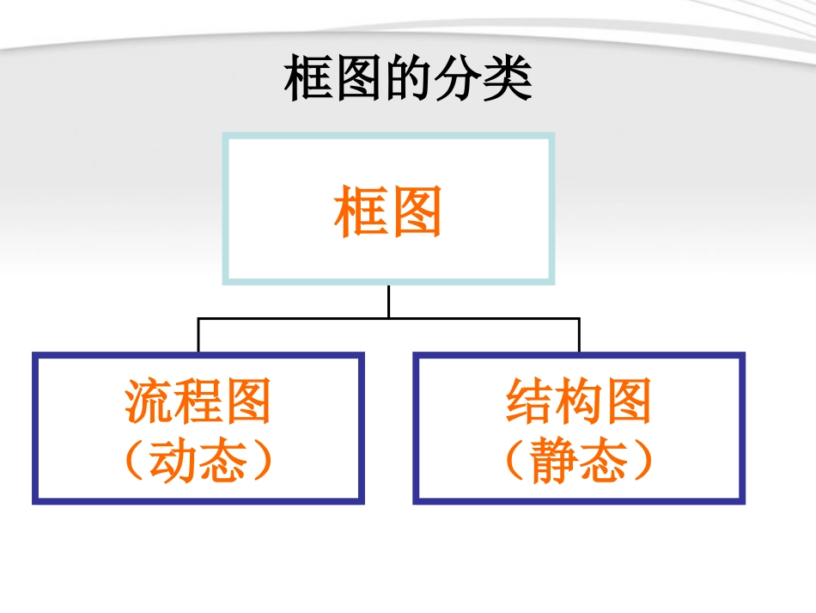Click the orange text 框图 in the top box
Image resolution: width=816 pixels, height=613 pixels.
tap(388, 212)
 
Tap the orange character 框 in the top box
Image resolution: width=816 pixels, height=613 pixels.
tap(361, 212)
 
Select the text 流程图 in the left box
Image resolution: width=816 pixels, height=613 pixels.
tap(198, 402)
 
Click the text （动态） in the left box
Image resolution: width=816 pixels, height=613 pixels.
tap(198, 461)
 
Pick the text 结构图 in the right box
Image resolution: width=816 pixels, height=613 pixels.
tap(579, 402)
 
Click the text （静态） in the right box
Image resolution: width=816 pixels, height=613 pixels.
tap(579, 461)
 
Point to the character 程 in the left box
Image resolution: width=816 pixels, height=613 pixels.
tap(198, 402)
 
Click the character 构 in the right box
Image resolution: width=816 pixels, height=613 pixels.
tap(579, 402)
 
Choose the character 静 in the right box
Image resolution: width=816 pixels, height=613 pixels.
tap(555, 461)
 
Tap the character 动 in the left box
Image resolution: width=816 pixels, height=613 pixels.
tap(174, 461)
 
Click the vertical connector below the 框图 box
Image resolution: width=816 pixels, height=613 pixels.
tap(388, 301)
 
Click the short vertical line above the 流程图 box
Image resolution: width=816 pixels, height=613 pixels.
tap(198, 336)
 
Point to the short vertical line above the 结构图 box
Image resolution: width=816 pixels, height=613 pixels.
tap(579, 336)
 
